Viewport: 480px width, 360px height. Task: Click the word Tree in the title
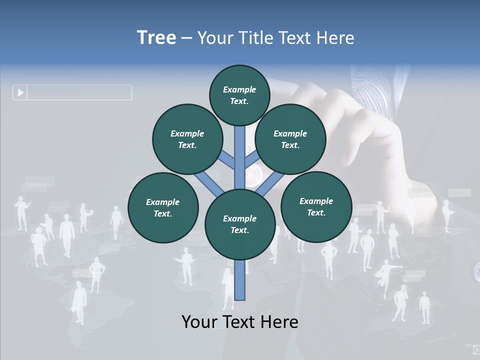(x=156, y=37)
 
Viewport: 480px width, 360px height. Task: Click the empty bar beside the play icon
(x=79, y=92)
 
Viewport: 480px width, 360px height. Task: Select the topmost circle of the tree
(x=239, y=95)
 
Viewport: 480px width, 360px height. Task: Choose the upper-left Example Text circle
(x=187, y=139)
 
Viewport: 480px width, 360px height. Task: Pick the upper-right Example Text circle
(x=290, y=139)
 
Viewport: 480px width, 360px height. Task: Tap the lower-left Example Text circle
(x=163, y=207)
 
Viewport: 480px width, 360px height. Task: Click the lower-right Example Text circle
(x=316, y=206)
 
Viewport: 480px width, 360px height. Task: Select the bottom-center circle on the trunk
(x=240, y=224)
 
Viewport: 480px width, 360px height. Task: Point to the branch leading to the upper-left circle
(x=227, y=160)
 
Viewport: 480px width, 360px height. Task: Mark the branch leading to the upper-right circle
(x=252, y=159)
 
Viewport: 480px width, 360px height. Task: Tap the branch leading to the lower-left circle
(x=209, y=183)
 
